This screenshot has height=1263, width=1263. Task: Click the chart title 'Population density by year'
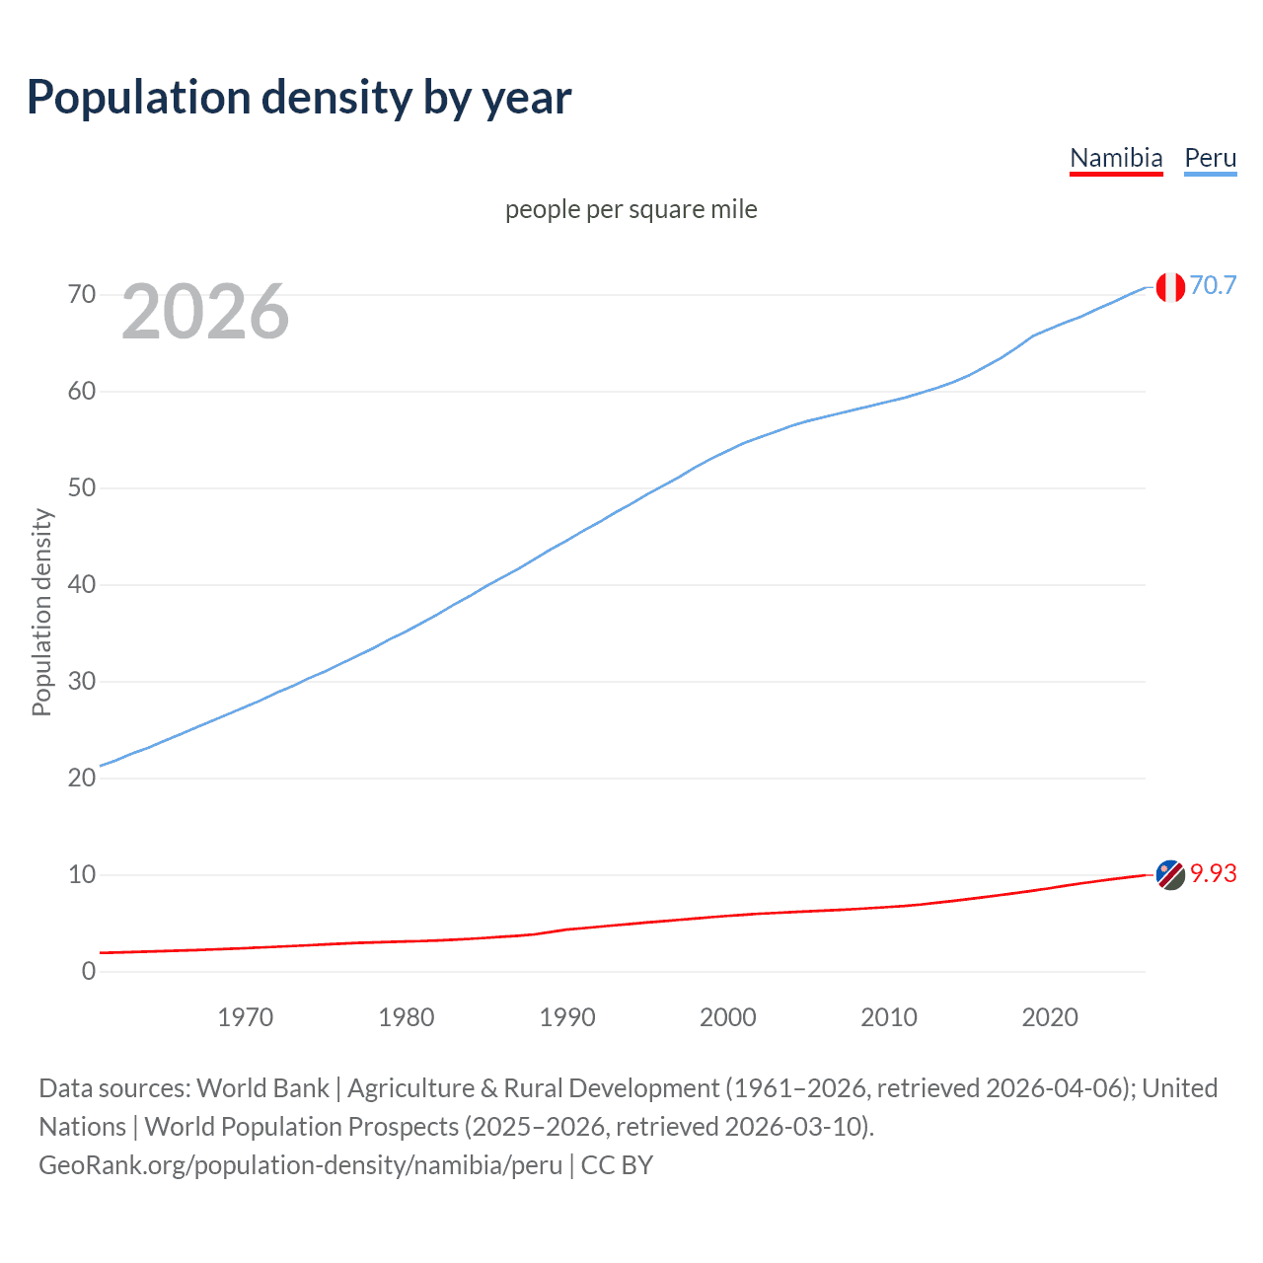(x=299, y=98)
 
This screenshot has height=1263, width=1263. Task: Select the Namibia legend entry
(x=1116, y=158)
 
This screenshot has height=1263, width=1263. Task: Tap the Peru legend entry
(x=1210, y=158)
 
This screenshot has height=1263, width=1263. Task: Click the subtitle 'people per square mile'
(x=631, y=209)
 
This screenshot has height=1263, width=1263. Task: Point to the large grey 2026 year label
(x=205, y=312)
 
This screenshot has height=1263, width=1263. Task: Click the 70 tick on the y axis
(x=82, y=295)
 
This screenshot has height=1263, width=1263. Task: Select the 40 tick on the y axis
(x=82, y=585)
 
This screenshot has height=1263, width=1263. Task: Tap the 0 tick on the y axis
(x=89, y=971)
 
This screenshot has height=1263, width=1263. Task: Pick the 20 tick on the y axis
(x=82, y=778)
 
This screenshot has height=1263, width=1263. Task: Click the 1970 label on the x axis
(x=246, y=1017)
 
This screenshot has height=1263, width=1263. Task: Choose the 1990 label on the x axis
(x=567, y=1017)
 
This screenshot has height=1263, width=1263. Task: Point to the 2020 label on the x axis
(x=1050, y=1017)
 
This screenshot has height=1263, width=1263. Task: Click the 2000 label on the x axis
(x=728, y=1017)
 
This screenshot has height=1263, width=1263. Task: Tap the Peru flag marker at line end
(x=1170, y=287)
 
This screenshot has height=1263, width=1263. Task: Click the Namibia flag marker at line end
(x=1170, y=874)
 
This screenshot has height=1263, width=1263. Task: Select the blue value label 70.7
(x=1213, y=285)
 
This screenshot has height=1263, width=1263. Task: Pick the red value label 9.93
(x=1213, y=873)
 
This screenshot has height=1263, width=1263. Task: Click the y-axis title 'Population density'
(x=41, y=612)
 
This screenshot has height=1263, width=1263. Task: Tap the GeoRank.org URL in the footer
(x=300, y=1164)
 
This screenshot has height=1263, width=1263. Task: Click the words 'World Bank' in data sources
(x=262, y=1087)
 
